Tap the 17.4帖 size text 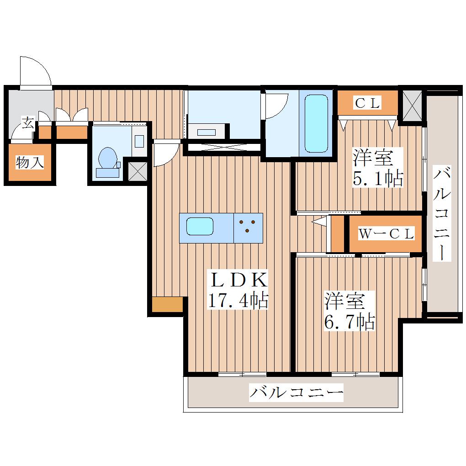point(238,300)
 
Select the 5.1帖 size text point(378,178)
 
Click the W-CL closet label point(386,233)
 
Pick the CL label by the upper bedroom point(367,103)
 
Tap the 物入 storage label point(30,162)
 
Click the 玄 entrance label point(28,123)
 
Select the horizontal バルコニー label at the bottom point(296,392)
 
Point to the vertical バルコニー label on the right point(442,213)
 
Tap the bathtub point(316,123)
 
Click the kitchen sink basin point(200,227)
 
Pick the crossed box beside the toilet point(138,171)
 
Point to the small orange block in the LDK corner point(167,304)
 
